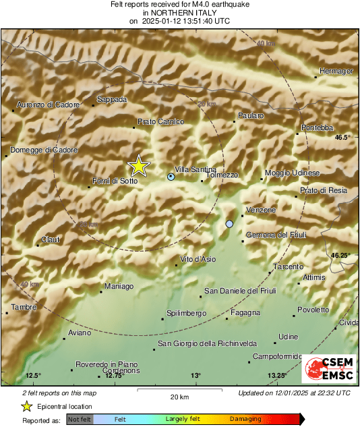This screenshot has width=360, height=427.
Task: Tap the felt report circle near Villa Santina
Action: pyautogui.click(x=171, y=177)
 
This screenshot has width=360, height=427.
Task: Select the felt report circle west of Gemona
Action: pyautogui.click(x=230, y=223)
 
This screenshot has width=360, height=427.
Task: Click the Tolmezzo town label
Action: pyautogui.click(x=222, y=175)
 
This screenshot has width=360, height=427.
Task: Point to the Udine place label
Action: pyautogui.click(x=288, y=337)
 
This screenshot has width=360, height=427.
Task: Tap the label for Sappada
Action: pyautogui.click(x=112, y=99)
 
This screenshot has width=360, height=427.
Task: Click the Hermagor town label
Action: pyautogui.click(x=336, y=71)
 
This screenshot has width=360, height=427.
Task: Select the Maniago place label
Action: pyautogui.click(x=119, y=287)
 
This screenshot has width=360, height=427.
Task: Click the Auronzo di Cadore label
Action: pyautogui.click(x=48, y=105)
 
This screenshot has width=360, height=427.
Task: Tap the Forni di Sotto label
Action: pyautogui.click(x=115, y=181)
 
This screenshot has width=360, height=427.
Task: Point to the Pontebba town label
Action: pyautogui.click(x=317, y=127)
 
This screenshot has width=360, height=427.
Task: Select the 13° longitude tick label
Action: pyautogui.click(x=195, y=375)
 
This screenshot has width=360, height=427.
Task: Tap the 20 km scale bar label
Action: pyautogui.click(x=179, y=396)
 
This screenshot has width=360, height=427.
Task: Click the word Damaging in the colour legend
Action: pyautogui.click(x=245, y=419)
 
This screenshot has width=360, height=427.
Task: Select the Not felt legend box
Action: pyautogui.click(x=80, y=419)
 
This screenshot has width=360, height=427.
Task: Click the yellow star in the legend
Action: pyautogui.click(x=26, y=406)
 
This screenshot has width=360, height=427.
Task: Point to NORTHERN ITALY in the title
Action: pyautogui.click(x=179, y=12)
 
